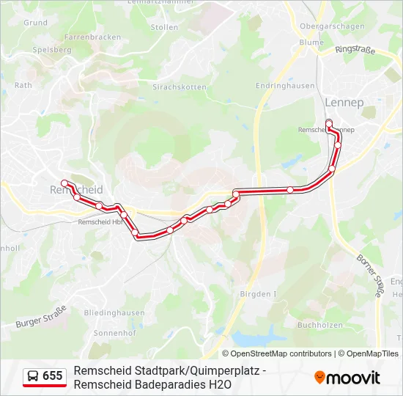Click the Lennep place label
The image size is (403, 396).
344,102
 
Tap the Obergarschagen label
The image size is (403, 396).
332,26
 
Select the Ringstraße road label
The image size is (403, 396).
354,51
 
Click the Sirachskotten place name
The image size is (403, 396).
179,87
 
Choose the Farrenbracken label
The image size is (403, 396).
92,37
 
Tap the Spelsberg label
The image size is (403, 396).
52,50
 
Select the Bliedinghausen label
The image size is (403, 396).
114,312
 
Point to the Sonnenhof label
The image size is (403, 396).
111,331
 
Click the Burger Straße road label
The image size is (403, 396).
41,316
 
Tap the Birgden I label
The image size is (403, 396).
258,294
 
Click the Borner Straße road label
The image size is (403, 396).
369,275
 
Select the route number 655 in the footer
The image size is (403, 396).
53,376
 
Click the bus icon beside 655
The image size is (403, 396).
33,376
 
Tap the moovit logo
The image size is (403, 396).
347,378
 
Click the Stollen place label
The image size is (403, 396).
164,27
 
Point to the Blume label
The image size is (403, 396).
311,43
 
